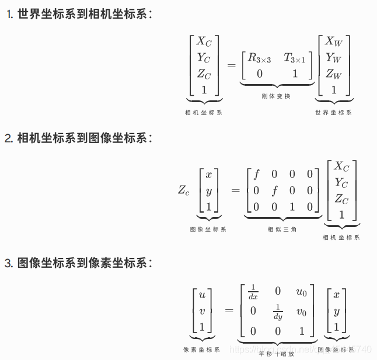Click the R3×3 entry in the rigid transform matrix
pos(260,58)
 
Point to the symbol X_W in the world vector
pos(334,41)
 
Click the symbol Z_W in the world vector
pos(334,74)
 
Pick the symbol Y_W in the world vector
pos(334,58)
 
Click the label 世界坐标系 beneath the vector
pos(333,113)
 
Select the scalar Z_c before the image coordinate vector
pos(183,190)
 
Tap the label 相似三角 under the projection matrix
pos(282,229)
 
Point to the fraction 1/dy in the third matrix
pos(278,312)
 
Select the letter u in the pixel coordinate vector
pos(202,295)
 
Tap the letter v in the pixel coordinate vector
pos(202,311)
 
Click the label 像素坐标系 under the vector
pos(201,349)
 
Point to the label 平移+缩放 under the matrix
pos(277,353)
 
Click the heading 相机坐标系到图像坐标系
pos(84,138)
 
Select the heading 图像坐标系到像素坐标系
pos(84,263)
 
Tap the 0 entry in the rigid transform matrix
pos(259,74)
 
